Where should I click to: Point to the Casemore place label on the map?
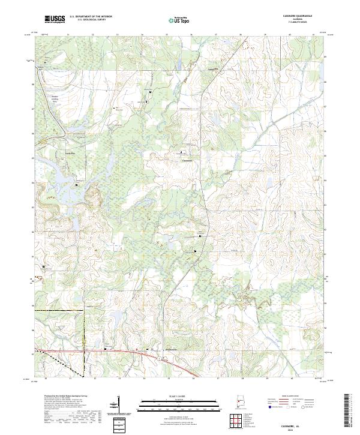coord(187,161)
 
